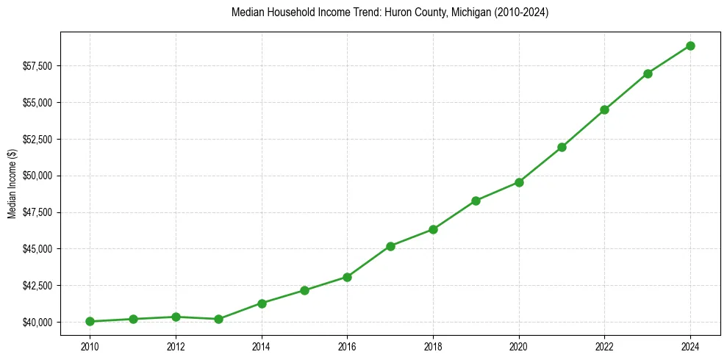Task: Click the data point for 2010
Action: [x=90, y=321]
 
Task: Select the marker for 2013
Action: [x=218, y=319]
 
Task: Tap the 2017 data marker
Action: [x=390, y=246]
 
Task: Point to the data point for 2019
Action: [x=476, y=201]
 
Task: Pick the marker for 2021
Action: [x=562, y=147]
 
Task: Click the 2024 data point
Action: [x=690, y=46]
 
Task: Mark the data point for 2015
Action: [x=304, y=290]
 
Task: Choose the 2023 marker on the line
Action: [x=648, y=73]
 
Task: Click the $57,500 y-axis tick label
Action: [x=37, y=66]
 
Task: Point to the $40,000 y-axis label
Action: [x=37, y=322]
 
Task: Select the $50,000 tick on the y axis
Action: [x=37, y=176]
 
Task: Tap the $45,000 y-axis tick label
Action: [x=37, y=249]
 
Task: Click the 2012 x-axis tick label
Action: [x=176, y=345]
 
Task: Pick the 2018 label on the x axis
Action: [x=433, y=345]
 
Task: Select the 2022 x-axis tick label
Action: [x=604, y=345]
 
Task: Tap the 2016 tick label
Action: [x=347, y=345]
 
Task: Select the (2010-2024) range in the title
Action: [x=520, y=13]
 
